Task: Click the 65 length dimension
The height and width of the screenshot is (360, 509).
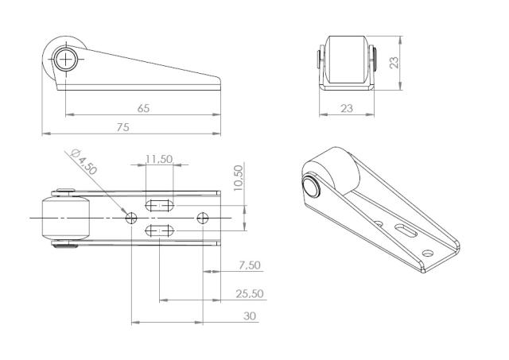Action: [143, 108]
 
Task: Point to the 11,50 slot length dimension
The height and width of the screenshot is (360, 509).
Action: [159, 160]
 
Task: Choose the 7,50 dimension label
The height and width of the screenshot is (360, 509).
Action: [249, 265]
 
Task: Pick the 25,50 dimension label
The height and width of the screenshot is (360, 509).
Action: [249, 293]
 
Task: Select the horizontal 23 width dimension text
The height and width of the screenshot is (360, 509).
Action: [347, 108]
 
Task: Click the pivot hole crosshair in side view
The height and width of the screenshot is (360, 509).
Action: [66, 57]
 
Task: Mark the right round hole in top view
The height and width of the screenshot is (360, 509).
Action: [203, 216]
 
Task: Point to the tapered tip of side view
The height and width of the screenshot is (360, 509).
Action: [219, 81]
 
